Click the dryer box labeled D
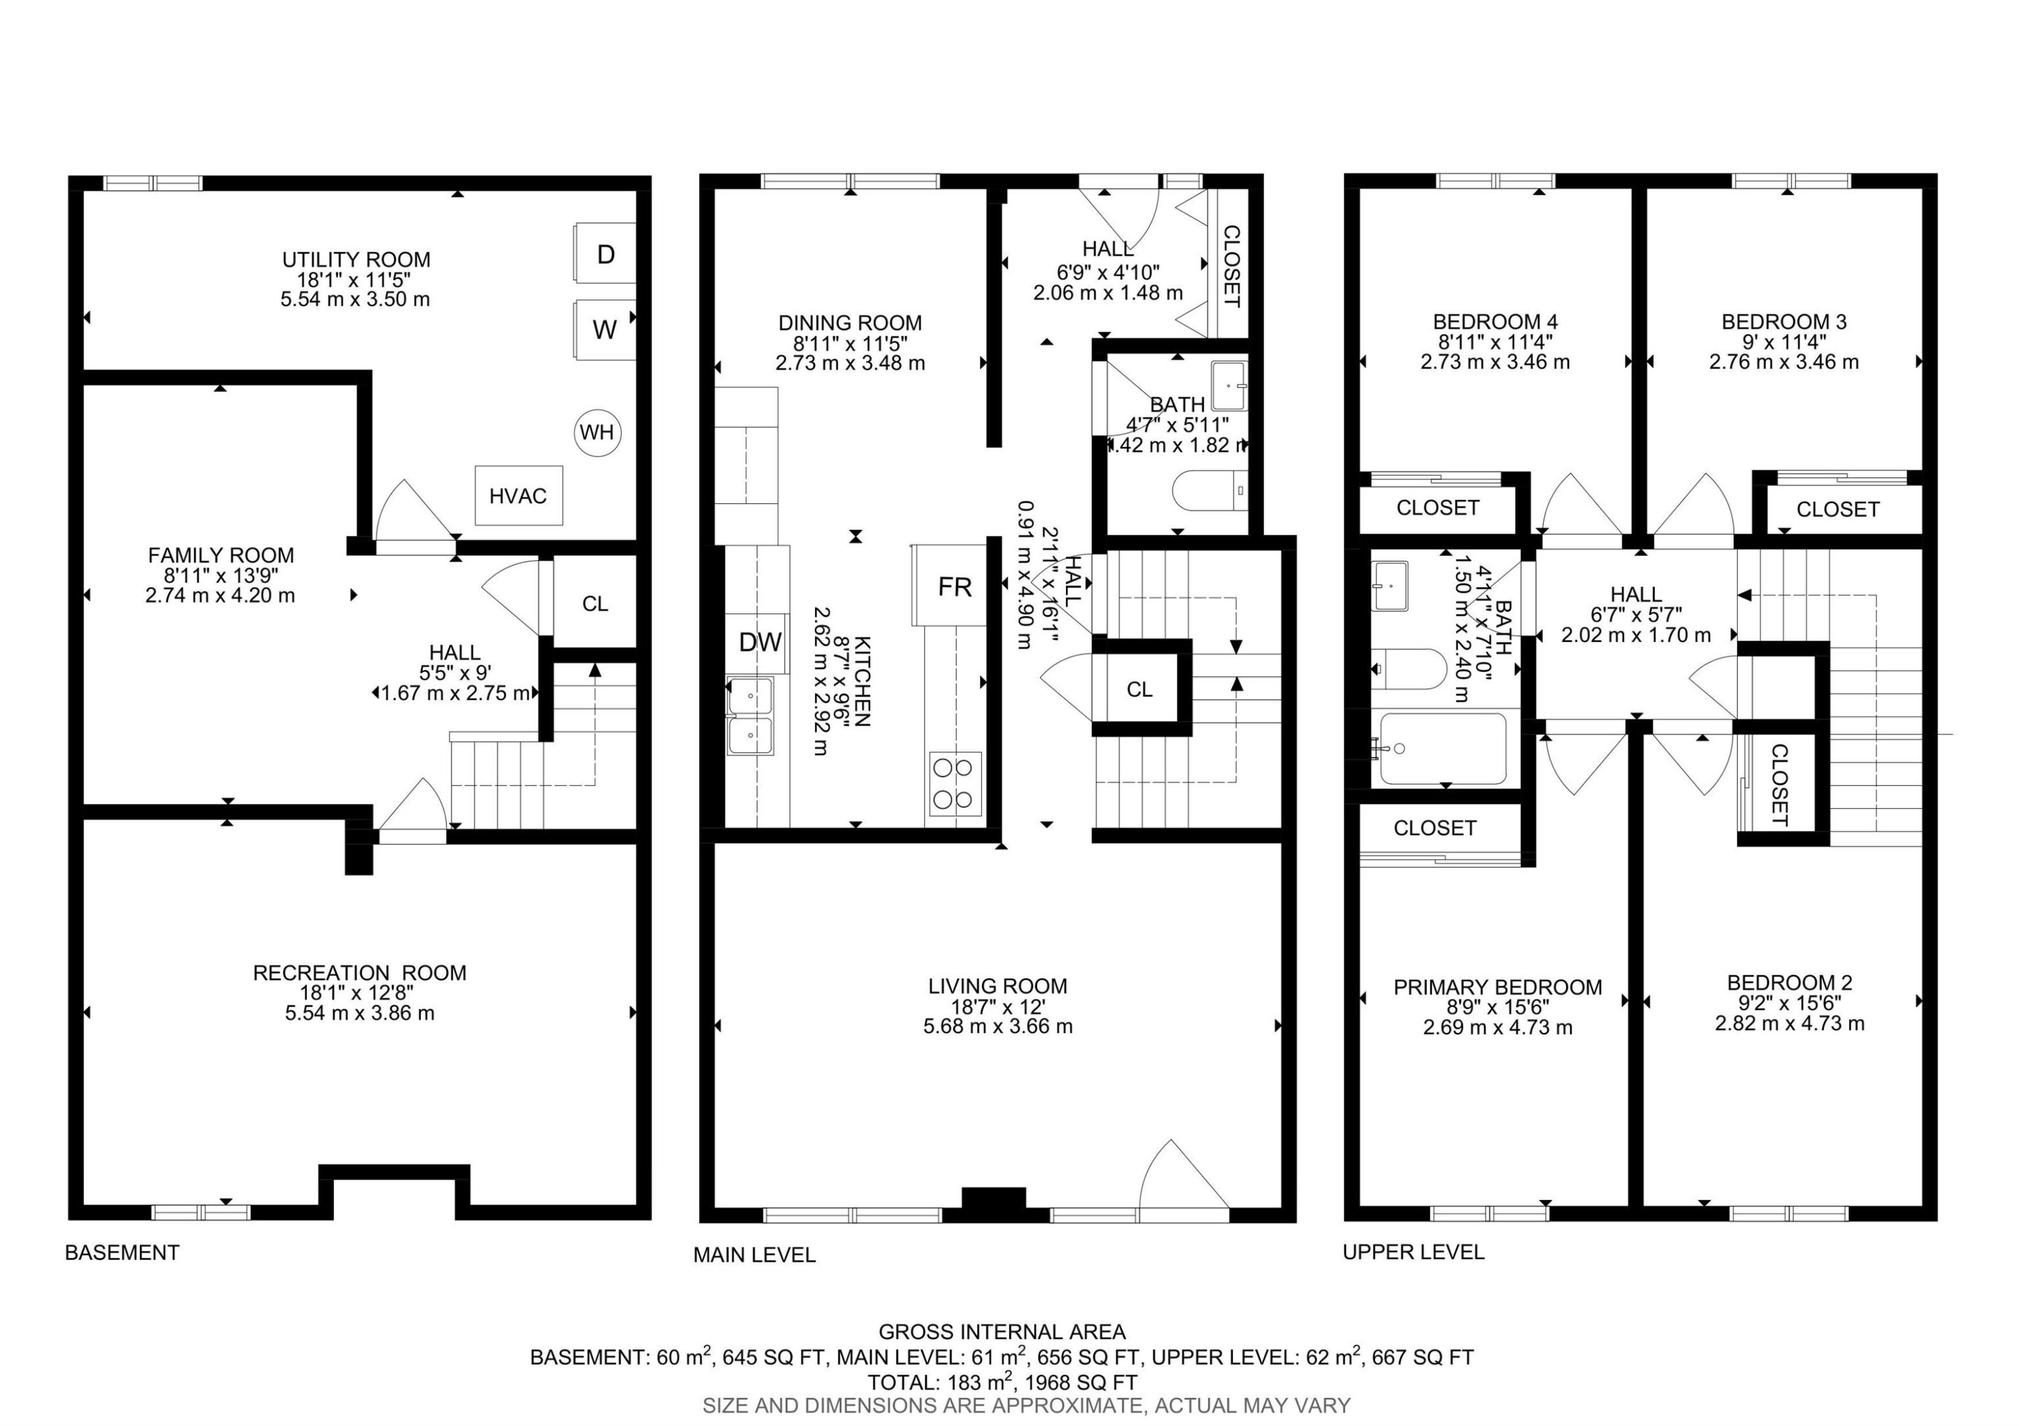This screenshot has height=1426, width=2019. [605, 254]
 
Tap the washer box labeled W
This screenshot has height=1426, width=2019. [605, 330]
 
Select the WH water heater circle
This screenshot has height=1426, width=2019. [597, 433]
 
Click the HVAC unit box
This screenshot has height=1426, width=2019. [518, 496]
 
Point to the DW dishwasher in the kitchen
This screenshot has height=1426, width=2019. [760, 643]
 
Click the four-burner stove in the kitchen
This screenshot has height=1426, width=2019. [955, 783]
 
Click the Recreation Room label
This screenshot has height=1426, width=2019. [359, 972]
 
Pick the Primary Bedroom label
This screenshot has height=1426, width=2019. [1497, 987]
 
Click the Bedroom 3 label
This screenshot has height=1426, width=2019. [1783, 322]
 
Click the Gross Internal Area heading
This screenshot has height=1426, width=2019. [1001, 1332]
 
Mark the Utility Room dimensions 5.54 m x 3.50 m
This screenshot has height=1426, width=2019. [355, 299]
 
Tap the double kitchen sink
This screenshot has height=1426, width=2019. [750, 715]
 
